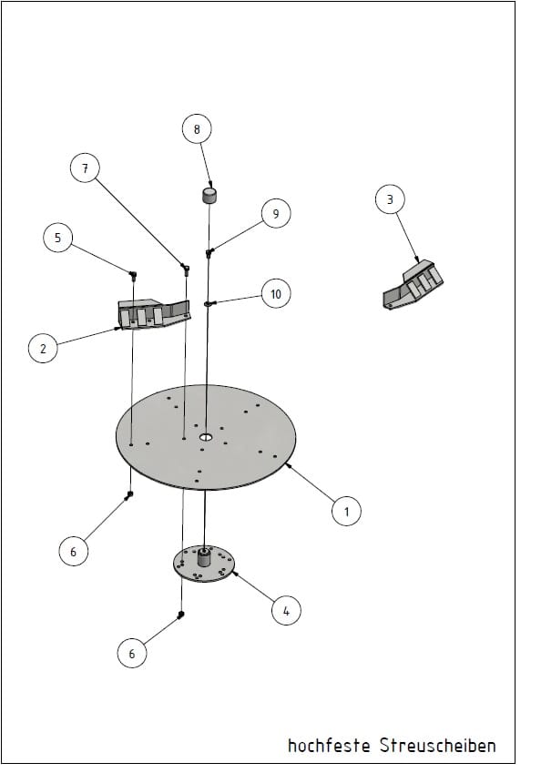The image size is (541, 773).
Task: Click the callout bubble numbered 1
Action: pos(346,511)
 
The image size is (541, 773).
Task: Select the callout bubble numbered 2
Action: pos(43,348)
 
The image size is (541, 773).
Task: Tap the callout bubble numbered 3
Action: pos(390,199)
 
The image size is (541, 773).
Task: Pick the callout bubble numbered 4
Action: pos(286,610)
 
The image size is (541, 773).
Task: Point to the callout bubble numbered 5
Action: pos(57,238)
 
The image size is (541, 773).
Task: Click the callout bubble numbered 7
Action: pos(85,168)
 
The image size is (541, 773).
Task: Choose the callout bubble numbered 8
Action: pos(197,129)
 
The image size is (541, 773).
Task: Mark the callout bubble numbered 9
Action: pos(276,213)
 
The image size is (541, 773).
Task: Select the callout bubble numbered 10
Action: pos(276,294)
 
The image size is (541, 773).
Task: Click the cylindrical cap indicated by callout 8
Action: pos(210,195)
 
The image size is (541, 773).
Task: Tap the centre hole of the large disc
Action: pos(206,437)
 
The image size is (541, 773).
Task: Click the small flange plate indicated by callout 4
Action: pos(204,564)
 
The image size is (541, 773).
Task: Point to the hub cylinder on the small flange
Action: pos(204,558)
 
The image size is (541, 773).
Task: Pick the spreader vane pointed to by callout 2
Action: pos(154,314)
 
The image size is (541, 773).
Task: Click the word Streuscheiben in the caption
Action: pos(438,745)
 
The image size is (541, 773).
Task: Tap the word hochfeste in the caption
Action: pos(329,745)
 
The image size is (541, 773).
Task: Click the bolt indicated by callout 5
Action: pos(133,274)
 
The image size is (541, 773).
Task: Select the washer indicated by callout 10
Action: pos(208,304)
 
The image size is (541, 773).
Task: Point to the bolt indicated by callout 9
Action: pos(209,253)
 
